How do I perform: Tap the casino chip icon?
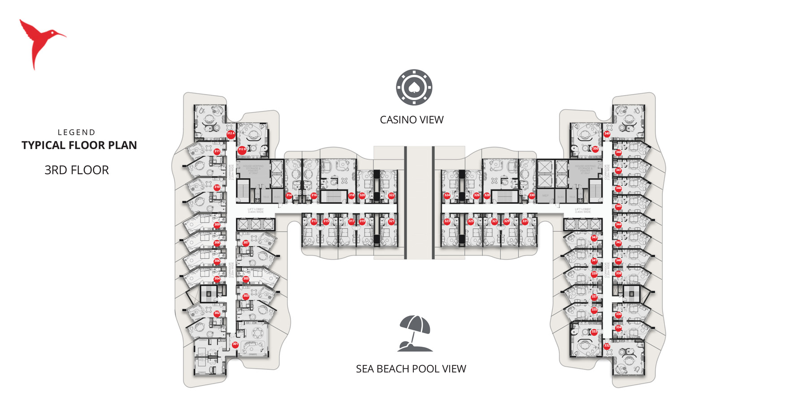[x=414, y=87]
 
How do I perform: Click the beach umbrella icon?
[x=415, y=333]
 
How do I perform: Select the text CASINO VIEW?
[x=412, y=120]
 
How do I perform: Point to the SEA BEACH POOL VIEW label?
[x=411, y=369]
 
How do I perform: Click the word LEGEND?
[x=77, y=133]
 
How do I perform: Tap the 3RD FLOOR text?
[x=77, y=170]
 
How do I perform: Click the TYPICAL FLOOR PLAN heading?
[x=79, y=145]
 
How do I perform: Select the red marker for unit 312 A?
[x=230, y=134]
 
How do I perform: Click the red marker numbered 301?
[x=235, y=344]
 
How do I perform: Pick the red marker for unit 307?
[x=246, y=243]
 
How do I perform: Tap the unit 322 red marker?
[x=391, y=195]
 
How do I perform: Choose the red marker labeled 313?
[x=314, y=221]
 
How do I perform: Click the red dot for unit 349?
[x=607, y=134]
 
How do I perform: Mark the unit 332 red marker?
[x=607, y=346]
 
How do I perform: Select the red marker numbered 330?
[x=532, y=195]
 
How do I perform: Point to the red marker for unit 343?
[x=594, y=238]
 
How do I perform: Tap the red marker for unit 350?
[x=595, y=149]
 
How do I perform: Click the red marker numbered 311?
[x=217, y=151]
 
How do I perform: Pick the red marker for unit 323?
[x=447, y=221]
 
